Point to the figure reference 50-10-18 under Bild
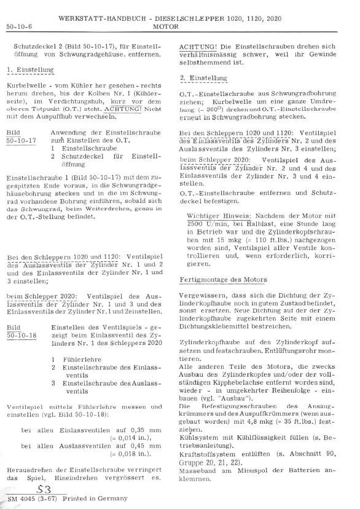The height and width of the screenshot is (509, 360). (20, 337)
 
